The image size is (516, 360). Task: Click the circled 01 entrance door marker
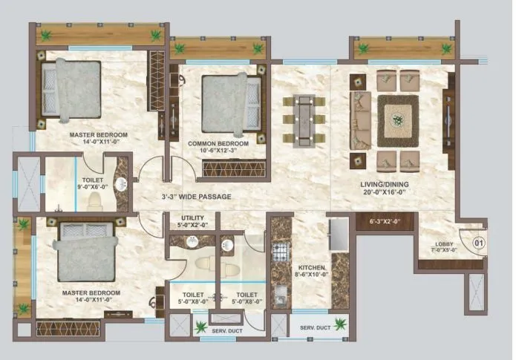click(x=478, y=241)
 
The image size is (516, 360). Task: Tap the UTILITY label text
click(x=193, y=218)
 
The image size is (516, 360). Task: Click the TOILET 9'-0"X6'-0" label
click(x=93, y=179)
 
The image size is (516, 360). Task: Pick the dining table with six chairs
click(x=304, y=119)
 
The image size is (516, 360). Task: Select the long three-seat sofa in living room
click(x=362, y=118)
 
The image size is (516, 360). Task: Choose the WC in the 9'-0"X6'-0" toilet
click(x=95, y=200)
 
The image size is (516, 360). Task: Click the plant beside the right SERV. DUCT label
click(x=341, y=323)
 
